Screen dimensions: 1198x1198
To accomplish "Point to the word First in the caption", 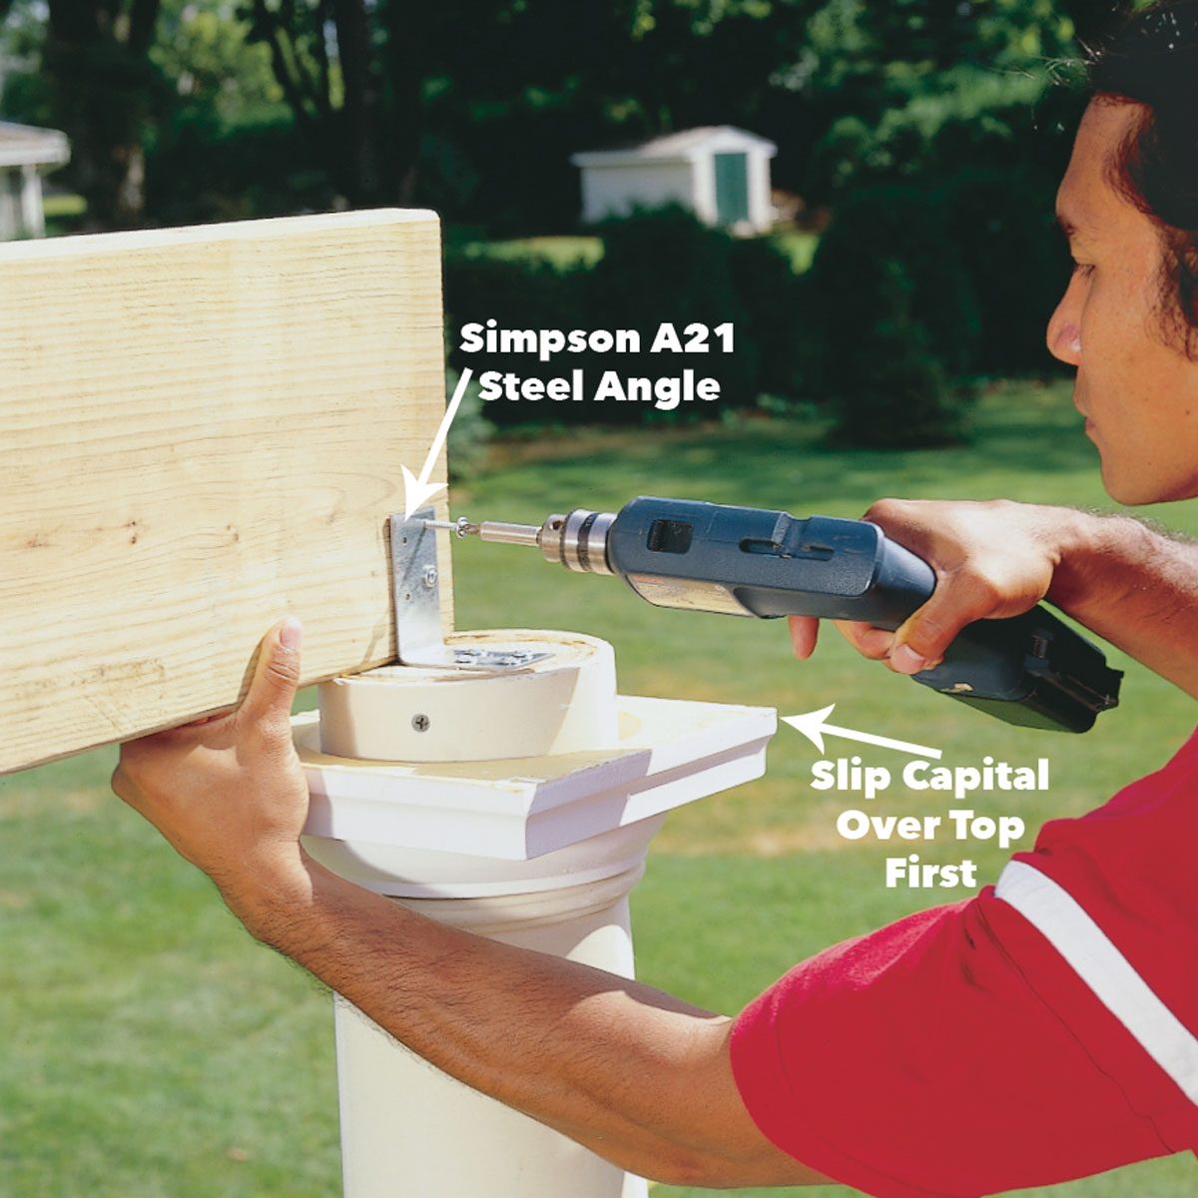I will coord(930,872).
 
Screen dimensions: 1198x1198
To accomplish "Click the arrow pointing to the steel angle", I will coord(439,439).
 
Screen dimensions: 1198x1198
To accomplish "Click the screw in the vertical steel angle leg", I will coord(429,575).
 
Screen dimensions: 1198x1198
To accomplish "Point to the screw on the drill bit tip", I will coord(461,526).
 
